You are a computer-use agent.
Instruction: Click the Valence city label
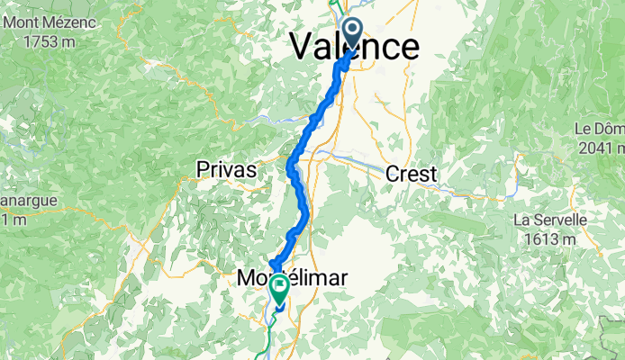[355, 48]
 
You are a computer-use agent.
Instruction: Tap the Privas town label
[227, 169]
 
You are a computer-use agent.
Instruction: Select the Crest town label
[412, 174]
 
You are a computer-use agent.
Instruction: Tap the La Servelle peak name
[550, 220]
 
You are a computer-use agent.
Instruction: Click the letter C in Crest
[393, 174]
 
